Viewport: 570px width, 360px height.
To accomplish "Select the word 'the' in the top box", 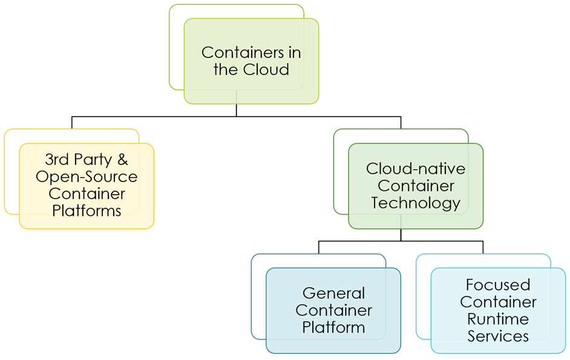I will pyautogui.click(x=225, y=70).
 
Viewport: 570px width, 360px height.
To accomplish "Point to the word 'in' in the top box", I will pyautogui.click(x=293, y=53).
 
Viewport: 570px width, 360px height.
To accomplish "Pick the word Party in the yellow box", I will pyautogui.click(x=91, y=160).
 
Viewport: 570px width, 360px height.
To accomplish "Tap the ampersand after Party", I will pyautogui.click(x=122, y=160).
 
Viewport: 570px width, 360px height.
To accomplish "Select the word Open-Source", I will pyautogui.click(x=87, y=177).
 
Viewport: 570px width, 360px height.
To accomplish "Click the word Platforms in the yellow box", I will pyautogui.click(x=87, y=211).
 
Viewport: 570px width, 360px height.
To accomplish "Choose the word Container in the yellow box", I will pyautogui.click(x=87, y=194).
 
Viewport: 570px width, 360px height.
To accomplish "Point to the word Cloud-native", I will pyautogui.click(x=415, y=169).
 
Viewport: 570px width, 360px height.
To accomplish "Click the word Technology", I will pyautogui.click(x=415, y=203).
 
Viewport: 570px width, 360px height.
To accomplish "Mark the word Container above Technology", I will pyautogui.click(x=415, y=186).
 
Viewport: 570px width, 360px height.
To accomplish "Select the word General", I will pyautogui.click(x=333, y=293).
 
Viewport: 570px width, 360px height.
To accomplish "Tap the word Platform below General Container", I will pyautogui.click(x=333, y=327).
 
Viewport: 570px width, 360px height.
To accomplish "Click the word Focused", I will pyautogui.click(x=497, y=285).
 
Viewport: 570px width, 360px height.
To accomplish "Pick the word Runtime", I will pyautogui.click(x=497, y=319).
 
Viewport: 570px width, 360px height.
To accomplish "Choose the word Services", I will pyautogui.click(x=497, y=336).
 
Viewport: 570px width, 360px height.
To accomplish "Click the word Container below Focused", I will pyautogui.click(x=497, y=302).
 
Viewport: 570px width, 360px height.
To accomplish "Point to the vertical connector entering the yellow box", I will pyautogui.click(x=72, y=122).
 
